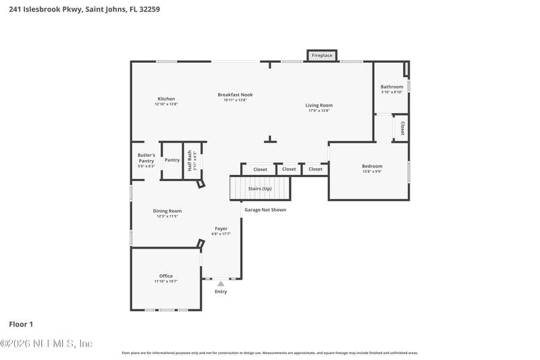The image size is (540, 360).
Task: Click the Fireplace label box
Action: pyautogui.click(x=322, y=55)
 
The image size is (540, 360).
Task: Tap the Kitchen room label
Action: pyautogui.click(x=166, y=99)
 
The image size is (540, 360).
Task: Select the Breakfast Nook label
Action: pyautogui.click(x=235, y=95)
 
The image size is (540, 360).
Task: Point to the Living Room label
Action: pyautogui.click(x=319, y=105)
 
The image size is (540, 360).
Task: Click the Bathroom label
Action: pyautogui.click(x=391, y=86)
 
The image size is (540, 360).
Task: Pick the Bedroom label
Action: pyautogui.click(x=372, y=166)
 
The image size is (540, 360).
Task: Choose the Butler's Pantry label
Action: pyautogui.click(x=146, y=157)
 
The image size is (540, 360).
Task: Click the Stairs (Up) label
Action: pyautogui.click(x=260, y=188)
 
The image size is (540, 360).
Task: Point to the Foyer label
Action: pyautogui.click(x=221, y=228)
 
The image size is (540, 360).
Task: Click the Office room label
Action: pyautogui.click(x=166, y=276)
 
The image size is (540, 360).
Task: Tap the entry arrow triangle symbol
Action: pyautogui.click(x=221, y=284)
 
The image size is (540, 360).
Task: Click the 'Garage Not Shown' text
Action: pyautogui.click(x=265, y=210)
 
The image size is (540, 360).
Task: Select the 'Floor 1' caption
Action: pyautogui.click(x=21, y=324)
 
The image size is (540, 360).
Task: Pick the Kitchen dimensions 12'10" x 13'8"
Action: pyautogui.click(x=166, y=105)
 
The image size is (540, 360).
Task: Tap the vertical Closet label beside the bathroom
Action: pyautogui.click(x=402, y=128)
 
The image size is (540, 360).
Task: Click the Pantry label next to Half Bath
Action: pyautogui.click(x=172, y=160)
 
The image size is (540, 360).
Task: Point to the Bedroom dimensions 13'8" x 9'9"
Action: pyautogui.click(x=372, y=172)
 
